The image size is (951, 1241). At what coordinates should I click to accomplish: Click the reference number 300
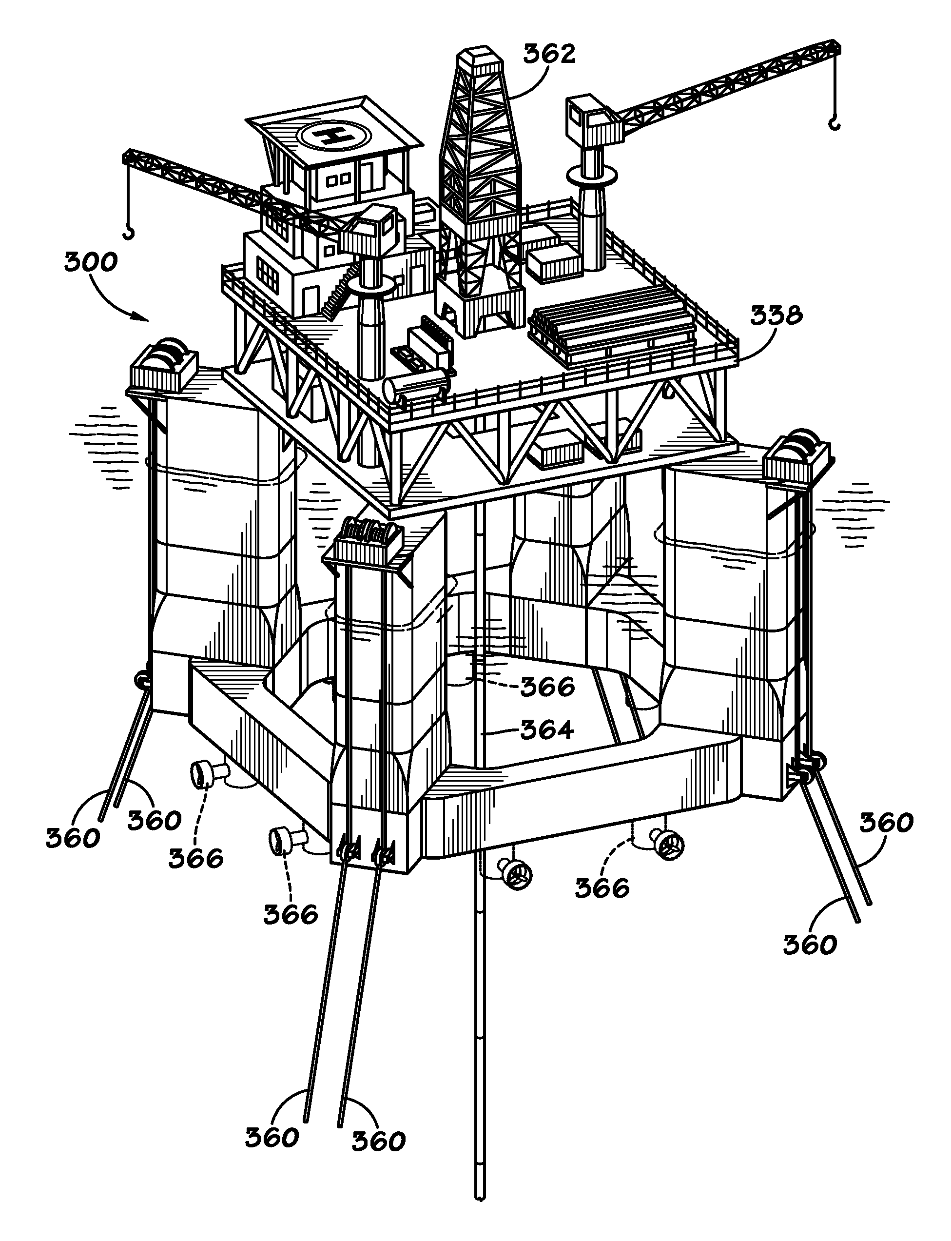pos(91,263)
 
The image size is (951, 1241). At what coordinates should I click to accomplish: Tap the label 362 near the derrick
pos(548,54)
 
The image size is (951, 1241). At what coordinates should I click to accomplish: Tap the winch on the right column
pos(796,450)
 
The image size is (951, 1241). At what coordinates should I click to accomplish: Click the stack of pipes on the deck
pos(613,318)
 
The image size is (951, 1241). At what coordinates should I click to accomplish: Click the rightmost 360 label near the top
pos(886,822)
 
